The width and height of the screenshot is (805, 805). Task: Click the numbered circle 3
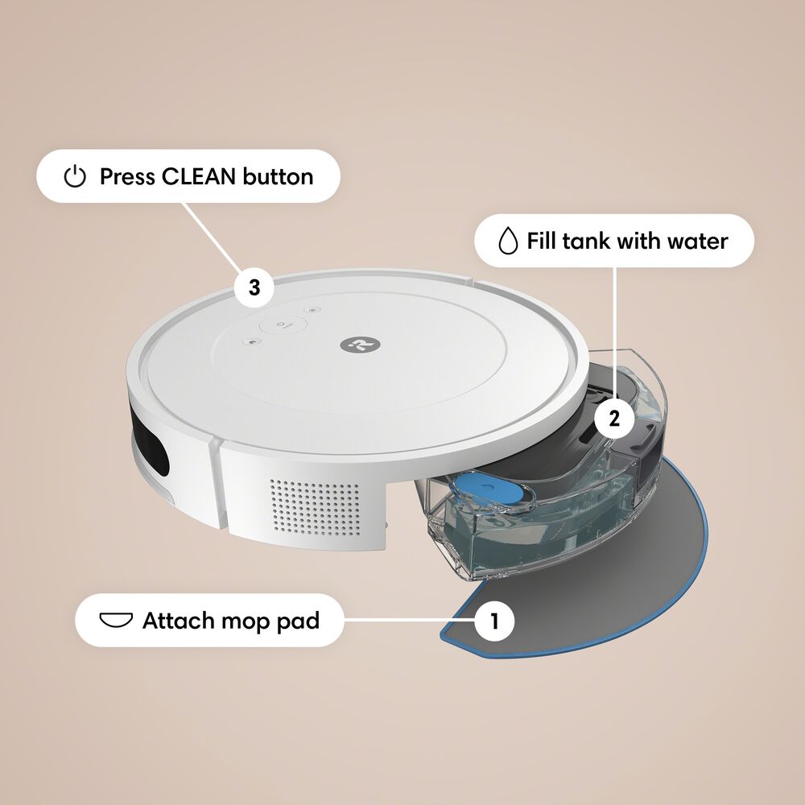(x=254, y=288)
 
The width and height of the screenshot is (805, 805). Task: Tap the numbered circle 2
(x=614, y=419)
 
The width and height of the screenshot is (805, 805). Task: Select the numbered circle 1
(x=494, y=621)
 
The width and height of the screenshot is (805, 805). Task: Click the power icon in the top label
(x=74, y=177)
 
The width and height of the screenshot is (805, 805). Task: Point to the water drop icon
(x=506, y=241)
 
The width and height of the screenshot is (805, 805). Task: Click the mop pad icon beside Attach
(x=115, y=621)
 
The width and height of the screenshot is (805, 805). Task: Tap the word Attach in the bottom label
(x=178, y=621)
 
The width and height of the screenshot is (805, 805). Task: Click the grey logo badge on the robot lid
(x=353, y=345)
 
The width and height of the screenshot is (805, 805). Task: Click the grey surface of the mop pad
(x=612, y=563)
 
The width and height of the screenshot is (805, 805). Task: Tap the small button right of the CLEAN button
(x=313, y=310)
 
